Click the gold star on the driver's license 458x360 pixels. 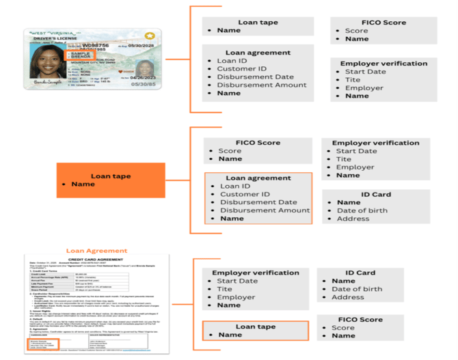coord(149,36)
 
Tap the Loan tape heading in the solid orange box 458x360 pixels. coord(110,176)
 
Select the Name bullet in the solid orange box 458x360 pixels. coord(83,184)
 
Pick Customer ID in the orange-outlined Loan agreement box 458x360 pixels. coord(244,194)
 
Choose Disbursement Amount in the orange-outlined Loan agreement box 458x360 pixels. coord(265,210)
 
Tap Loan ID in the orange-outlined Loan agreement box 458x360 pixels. coord(234,186)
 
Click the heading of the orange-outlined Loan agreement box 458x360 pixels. coord(258,178)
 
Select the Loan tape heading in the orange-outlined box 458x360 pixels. coord(255,327)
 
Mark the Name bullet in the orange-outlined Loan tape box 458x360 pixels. coord(230,335)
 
